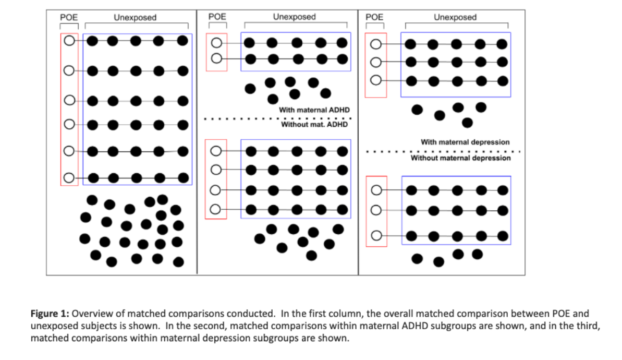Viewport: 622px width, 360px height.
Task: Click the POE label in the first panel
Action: (x=69, y=17)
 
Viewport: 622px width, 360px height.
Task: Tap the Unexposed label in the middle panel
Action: (x=295, y=17)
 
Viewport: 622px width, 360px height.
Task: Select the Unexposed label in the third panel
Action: (x=455, y=17)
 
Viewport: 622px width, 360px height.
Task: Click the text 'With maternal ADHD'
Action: (x=314, y=110)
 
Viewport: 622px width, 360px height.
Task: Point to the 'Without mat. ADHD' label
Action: (x=314, y=124)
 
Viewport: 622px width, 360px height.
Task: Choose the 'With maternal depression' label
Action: (x=465, y=142)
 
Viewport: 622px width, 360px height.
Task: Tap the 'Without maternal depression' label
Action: (x=460, y=158)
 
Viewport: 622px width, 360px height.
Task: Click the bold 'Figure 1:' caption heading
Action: (x=50, y=314)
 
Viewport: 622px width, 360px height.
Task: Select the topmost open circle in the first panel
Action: (x=69, y=41)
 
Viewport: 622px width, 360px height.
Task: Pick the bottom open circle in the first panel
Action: (x=69, y=178)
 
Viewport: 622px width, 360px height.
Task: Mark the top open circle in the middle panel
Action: (x=216, y=42)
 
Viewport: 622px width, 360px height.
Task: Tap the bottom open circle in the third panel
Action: (x=376, y=236)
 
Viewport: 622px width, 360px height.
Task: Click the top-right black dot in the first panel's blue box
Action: (x=182, y=41)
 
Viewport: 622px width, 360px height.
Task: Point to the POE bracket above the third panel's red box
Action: (x=375, y=24)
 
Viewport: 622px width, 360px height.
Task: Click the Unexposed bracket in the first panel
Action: (x=137, y=24)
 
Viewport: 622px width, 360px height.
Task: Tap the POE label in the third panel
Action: (x=374, y=17)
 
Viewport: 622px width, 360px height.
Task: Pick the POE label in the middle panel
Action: (x=217, y=17)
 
